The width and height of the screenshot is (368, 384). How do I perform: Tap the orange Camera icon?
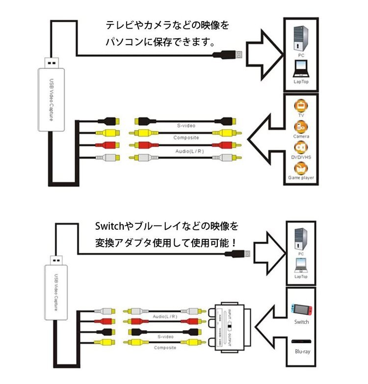(301, 127)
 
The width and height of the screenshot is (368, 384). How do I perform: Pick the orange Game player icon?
(301, 167)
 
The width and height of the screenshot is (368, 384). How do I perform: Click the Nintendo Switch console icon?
(301, 309)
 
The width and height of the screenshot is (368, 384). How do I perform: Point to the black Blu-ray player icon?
(301, 342)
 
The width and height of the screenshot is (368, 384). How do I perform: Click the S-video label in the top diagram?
(186, 126)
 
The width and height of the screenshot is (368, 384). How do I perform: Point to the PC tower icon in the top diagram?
(301, 36)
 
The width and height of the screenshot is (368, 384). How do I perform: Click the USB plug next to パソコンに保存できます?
(230, 54)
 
